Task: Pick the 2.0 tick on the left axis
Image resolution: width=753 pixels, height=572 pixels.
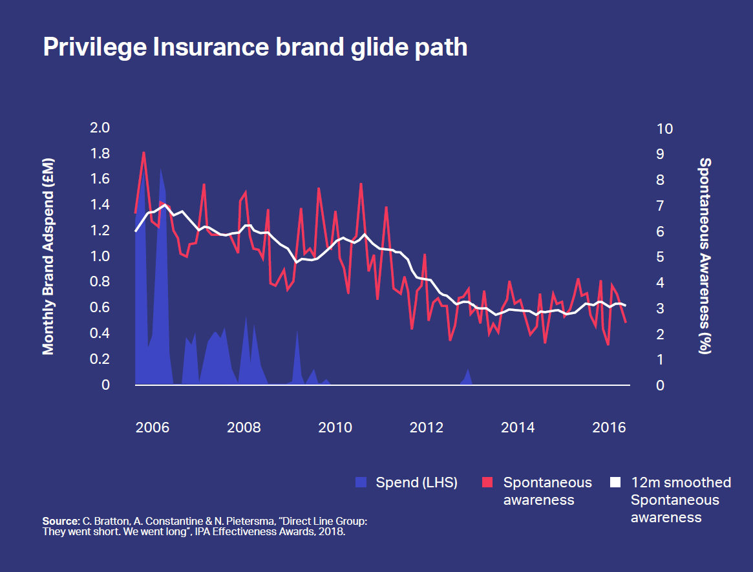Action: [x=100, y=128]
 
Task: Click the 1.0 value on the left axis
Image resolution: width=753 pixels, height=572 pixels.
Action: [x=100, y=257]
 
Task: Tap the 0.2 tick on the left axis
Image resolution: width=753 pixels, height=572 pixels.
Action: [x=100, y=359]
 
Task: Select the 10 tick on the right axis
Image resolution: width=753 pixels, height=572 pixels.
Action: [x=664, y=128]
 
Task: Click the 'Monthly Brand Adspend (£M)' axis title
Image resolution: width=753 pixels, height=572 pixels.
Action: [x=48, y=257]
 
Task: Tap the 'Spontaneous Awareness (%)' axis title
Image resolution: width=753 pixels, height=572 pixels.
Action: [x=705, y=257]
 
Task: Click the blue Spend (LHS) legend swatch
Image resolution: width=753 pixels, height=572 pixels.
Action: [x=361, y=482]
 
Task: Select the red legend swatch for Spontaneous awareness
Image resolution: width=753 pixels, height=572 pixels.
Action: [x=488, y=482]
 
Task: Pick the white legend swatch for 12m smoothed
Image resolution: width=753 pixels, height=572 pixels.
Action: [x=615, y=482]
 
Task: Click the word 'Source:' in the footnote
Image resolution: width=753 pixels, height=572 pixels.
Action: [x=60, y=520]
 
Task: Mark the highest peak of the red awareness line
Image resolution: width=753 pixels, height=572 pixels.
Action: [x=143, y=153]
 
